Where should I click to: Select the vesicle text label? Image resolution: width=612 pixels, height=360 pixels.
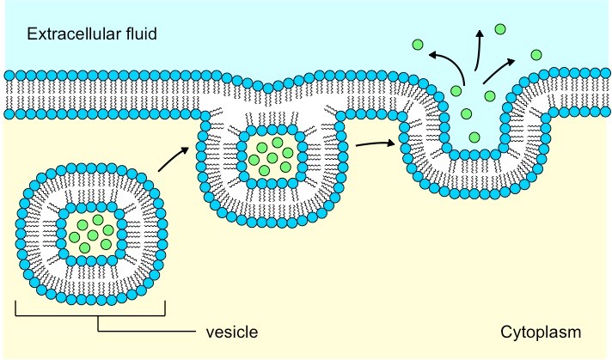pyautogui.click(x=231, y=331)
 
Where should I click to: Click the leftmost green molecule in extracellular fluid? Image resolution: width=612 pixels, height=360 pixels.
pyautogui.click(x=418, y=44)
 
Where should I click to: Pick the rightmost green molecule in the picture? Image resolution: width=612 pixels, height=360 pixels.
pyautogui.click(x=535, y=55)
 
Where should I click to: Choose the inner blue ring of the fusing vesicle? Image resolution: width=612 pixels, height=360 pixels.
pyautogui.click(x=240, y=157)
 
